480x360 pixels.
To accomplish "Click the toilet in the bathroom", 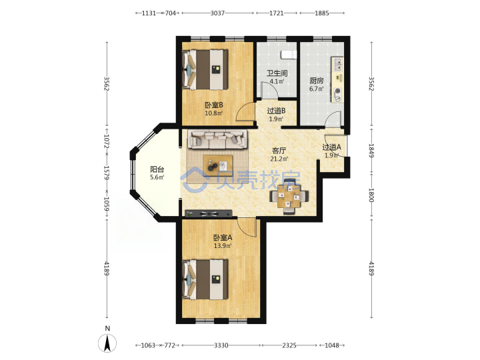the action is [289, 54].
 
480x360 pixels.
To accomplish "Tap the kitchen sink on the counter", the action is [338, 65].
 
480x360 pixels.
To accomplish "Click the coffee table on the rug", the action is [217, 165].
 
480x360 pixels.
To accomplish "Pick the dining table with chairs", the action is [289, 197].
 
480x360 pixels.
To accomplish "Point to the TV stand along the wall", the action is [209, 213].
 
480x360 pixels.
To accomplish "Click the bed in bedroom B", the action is [205, 70].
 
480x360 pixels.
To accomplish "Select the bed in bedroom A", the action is [205, 279].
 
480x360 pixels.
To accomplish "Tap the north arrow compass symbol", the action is [107, 343].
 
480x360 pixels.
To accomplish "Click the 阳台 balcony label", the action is [157, 169].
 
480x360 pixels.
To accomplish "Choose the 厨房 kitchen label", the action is [316, 81].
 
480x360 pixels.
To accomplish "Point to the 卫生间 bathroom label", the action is [277, 73].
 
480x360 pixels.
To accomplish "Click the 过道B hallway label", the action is [276, 111].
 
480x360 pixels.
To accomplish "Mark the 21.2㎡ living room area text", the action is [279, 159].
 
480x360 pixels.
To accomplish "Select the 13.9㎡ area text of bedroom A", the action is [223, 245].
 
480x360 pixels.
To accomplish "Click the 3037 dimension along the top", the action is [217, 13].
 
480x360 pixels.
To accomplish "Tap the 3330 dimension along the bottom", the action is [221, 345].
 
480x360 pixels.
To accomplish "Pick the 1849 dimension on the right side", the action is [371, 151].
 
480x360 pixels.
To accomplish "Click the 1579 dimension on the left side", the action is [107, 173].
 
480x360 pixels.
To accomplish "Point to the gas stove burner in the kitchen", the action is [337, 91].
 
